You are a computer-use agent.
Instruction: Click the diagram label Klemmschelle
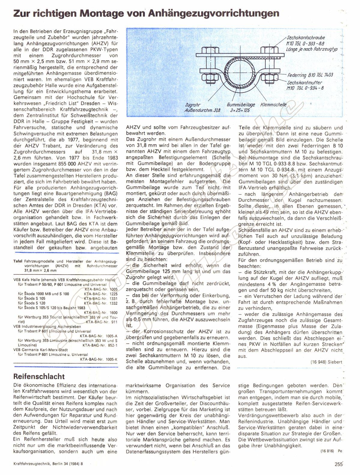(274, 105)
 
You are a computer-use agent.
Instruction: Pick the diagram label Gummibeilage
(241, 105)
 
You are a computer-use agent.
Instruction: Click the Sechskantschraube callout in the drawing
(306, 38)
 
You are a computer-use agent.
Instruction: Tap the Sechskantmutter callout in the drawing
(304, 82)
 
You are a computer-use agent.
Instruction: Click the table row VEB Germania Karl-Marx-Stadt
(41, 349)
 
